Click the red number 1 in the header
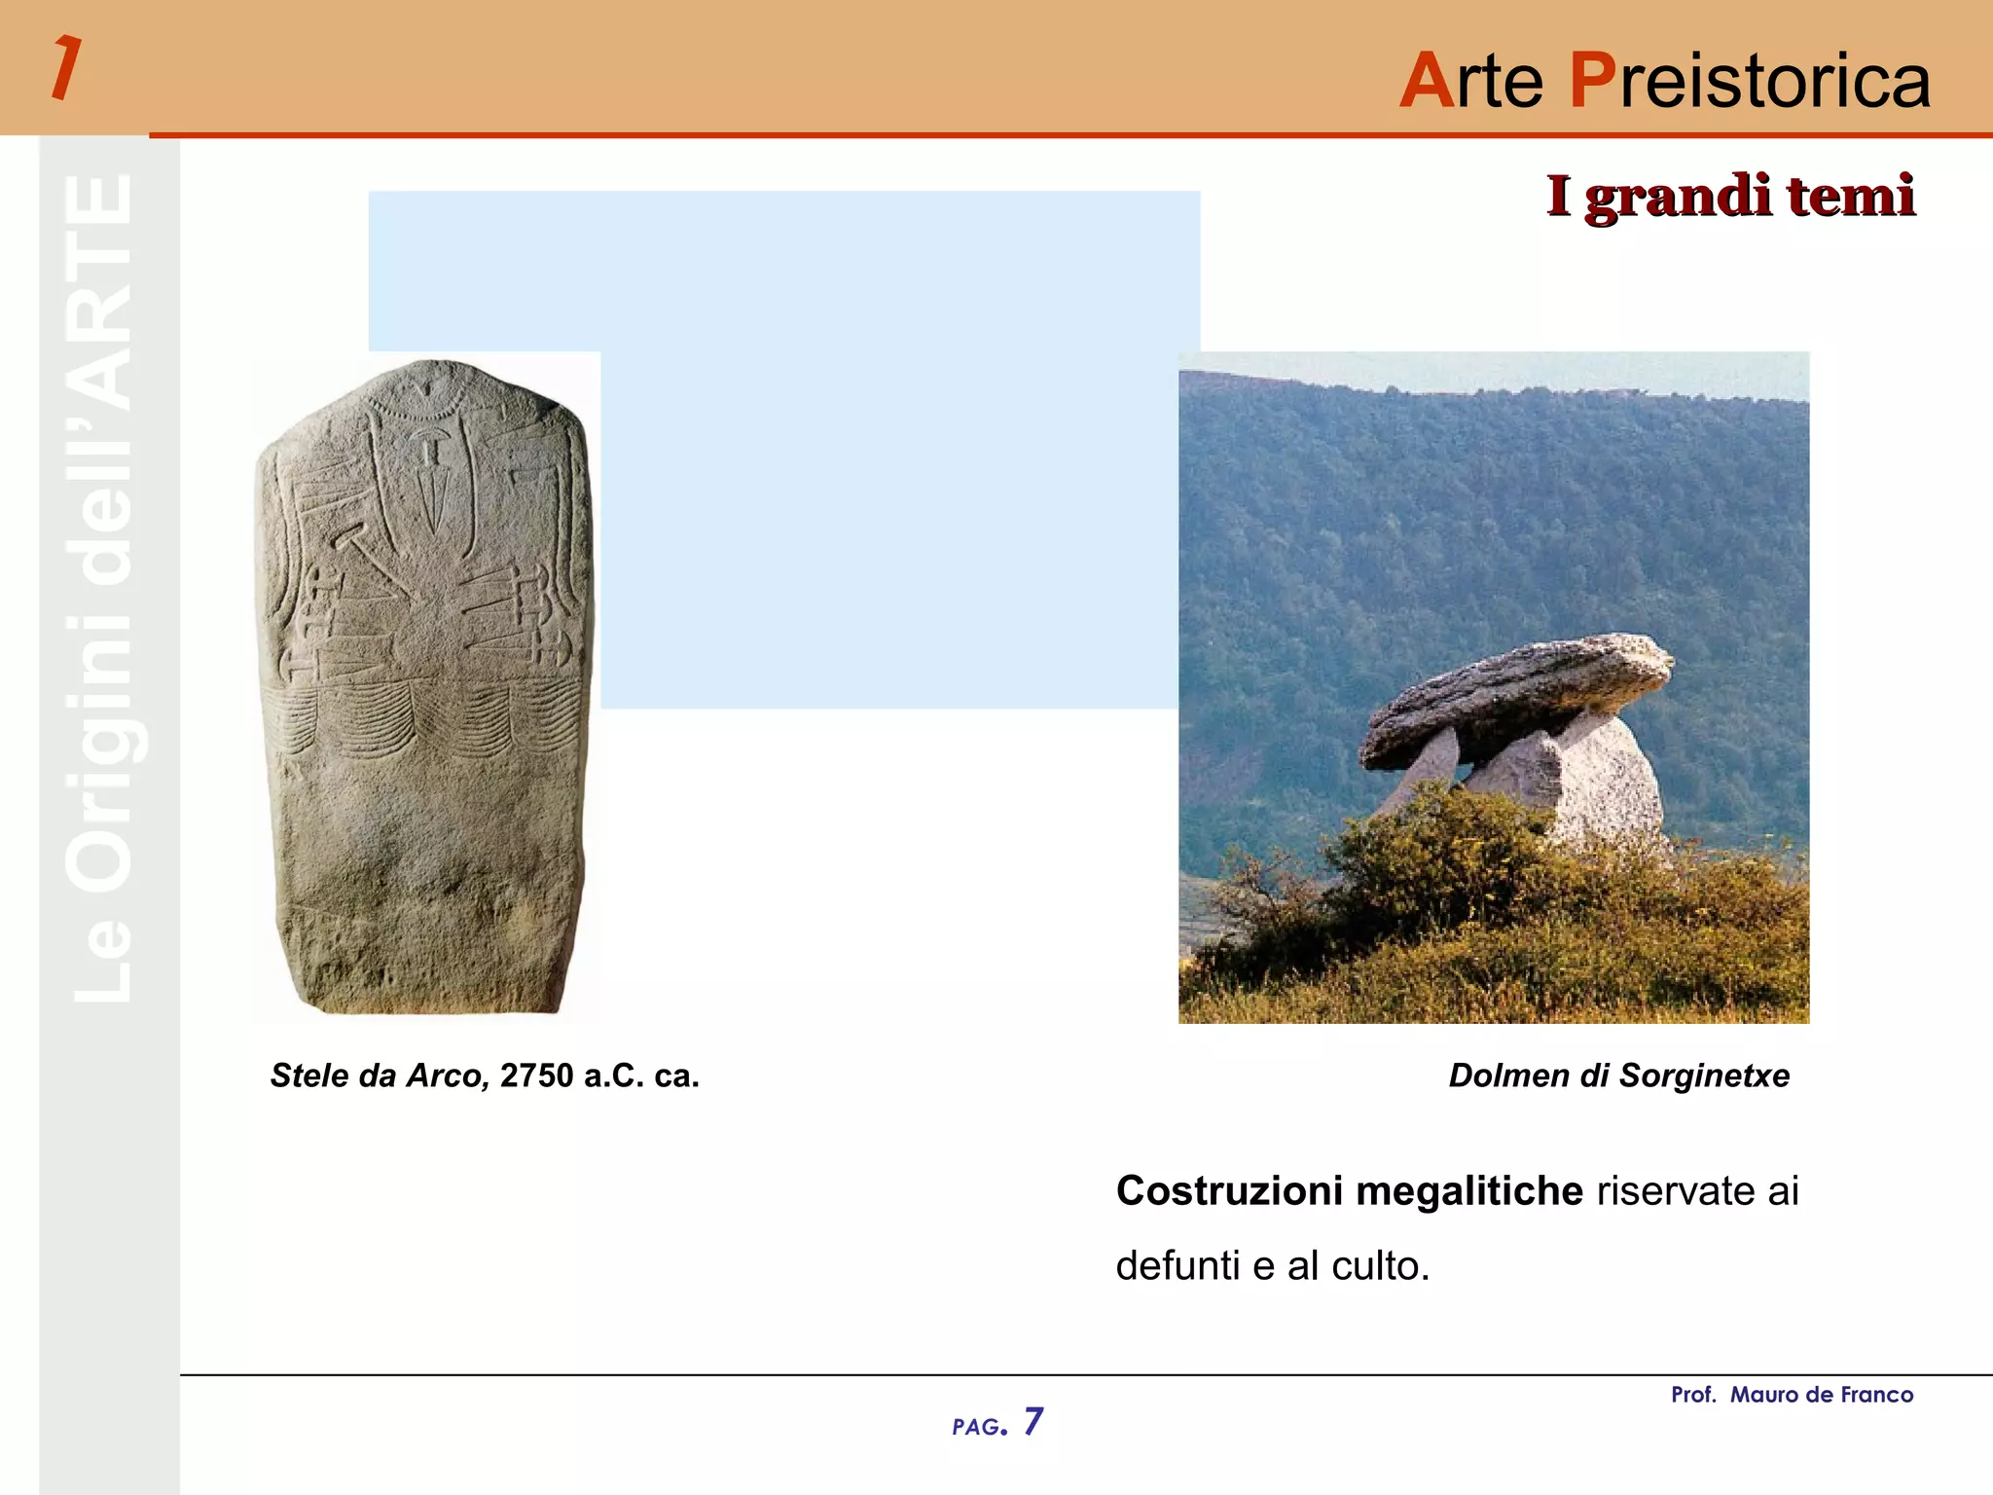coord(65,68)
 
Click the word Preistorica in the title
coord(1750,80)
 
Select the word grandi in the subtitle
coord(1678,198)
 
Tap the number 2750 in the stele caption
coord(536,1076)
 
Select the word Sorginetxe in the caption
coord(1704,1076)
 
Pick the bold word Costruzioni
coord(1229,1191)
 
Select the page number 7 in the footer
coord(1033,1422)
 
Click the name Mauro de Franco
coord(1821,1395)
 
